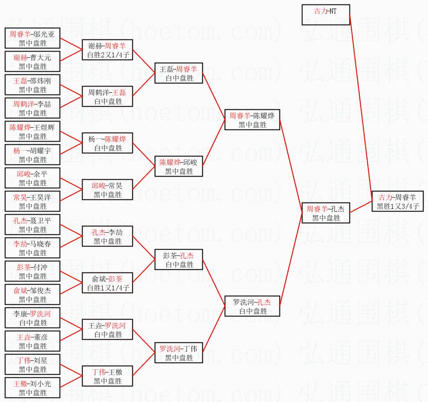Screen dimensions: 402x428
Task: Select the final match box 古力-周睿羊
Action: point(397,201)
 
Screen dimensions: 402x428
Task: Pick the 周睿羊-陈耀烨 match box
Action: point(252,120)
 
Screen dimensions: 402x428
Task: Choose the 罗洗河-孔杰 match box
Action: point(252,306)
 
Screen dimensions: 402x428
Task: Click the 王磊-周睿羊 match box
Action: point(178,73)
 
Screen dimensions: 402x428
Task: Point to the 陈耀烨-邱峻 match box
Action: point(178,166)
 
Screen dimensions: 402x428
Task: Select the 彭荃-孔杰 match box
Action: point(178,259)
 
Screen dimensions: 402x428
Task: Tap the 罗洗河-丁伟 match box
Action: point(178,353)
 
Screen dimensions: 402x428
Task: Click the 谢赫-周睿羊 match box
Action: point(107,50)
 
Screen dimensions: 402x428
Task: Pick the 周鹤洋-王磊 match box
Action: point(107,96)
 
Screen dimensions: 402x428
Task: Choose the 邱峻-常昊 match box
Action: point(107,190)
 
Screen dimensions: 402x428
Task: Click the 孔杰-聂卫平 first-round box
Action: point(33,225)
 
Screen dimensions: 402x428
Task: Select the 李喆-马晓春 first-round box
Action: point(33,248)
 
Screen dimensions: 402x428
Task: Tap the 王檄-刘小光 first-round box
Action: point(33,388)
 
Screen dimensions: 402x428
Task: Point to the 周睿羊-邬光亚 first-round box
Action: point(33,38)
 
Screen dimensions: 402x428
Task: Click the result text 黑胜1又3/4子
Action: point(397,206)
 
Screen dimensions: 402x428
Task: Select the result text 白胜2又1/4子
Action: point(107,55)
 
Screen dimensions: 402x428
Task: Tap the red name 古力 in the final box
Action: point(385,197)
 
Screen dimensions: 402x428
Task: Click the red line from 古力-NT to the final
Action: point(360,103)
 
